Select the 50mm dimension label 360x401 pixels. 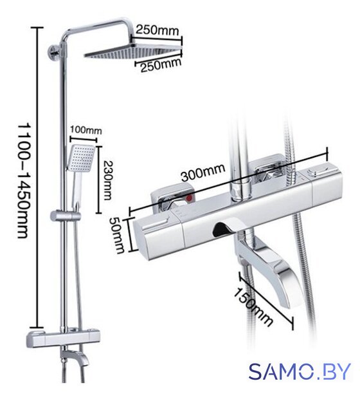(117, 235)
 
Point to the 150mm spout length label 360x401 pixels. (253, 306)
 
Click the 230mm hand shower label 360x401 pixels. (108, 180)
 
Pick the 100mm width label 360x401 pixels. (86, 130)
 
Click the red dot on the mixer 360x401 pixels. (190, 198)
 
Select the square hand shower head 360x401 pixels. (81, 158)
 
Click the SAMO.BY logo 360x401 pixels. (300, 371)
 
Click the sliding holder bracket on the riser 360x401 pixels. (66, 216)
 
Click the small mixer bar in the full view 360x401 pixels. (63, 339)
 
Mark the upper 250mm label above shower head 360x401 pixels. (157, 30)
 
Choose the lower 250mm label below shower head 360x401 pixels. (161, 65)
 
